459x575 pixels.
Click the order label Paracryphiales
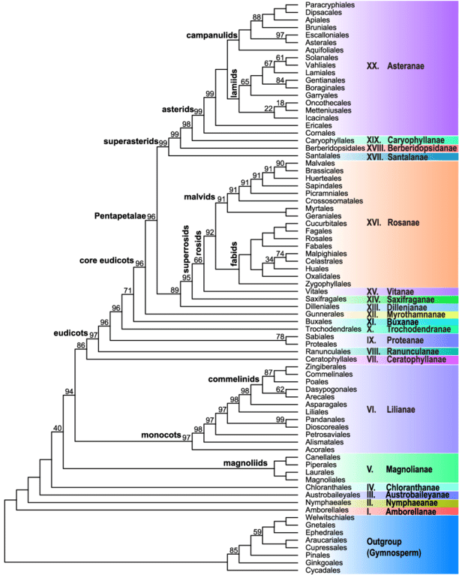330,5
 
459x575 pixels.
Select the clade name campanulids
212,35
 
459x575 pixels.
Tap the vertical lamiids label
234,83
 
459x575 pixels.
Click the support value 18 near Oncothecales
280,103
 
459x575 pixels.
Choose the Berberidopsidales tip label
334,148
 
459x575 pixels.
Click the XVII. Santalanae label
397,157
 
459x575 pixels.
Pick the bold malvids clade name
199,197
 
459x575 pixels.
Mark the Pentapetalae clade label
120,216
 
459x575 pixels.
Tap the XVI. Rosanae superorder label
393,223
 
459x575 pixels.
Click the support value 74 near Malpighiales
280,254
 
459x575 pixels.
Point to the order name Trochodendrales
333,329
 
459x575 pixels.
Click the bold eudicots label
70,333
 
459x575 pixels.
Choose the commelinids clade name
234,379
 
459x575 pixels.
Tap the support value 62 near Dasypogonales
280,389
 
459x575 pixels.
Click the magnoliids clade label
245,463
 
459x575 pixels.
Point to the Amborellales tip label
327,510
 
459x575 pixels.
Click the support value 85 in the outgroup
234,550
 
